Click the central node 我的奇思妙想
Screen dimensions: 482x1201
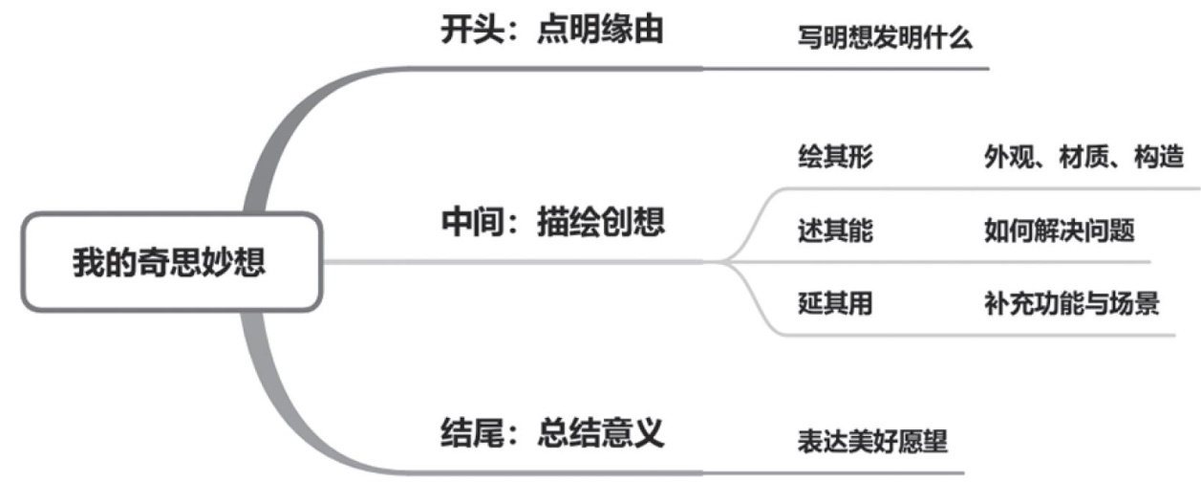coord(169,262)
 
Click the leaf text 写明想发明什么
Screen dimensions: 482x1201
coord(884,39)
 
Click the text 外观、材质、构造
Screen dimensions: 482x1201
coord(1083,158)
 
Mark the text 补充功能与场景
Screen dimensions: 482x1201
coord(1071,305)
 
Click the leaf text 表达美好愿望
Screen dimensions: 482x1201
coord(871,443)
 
